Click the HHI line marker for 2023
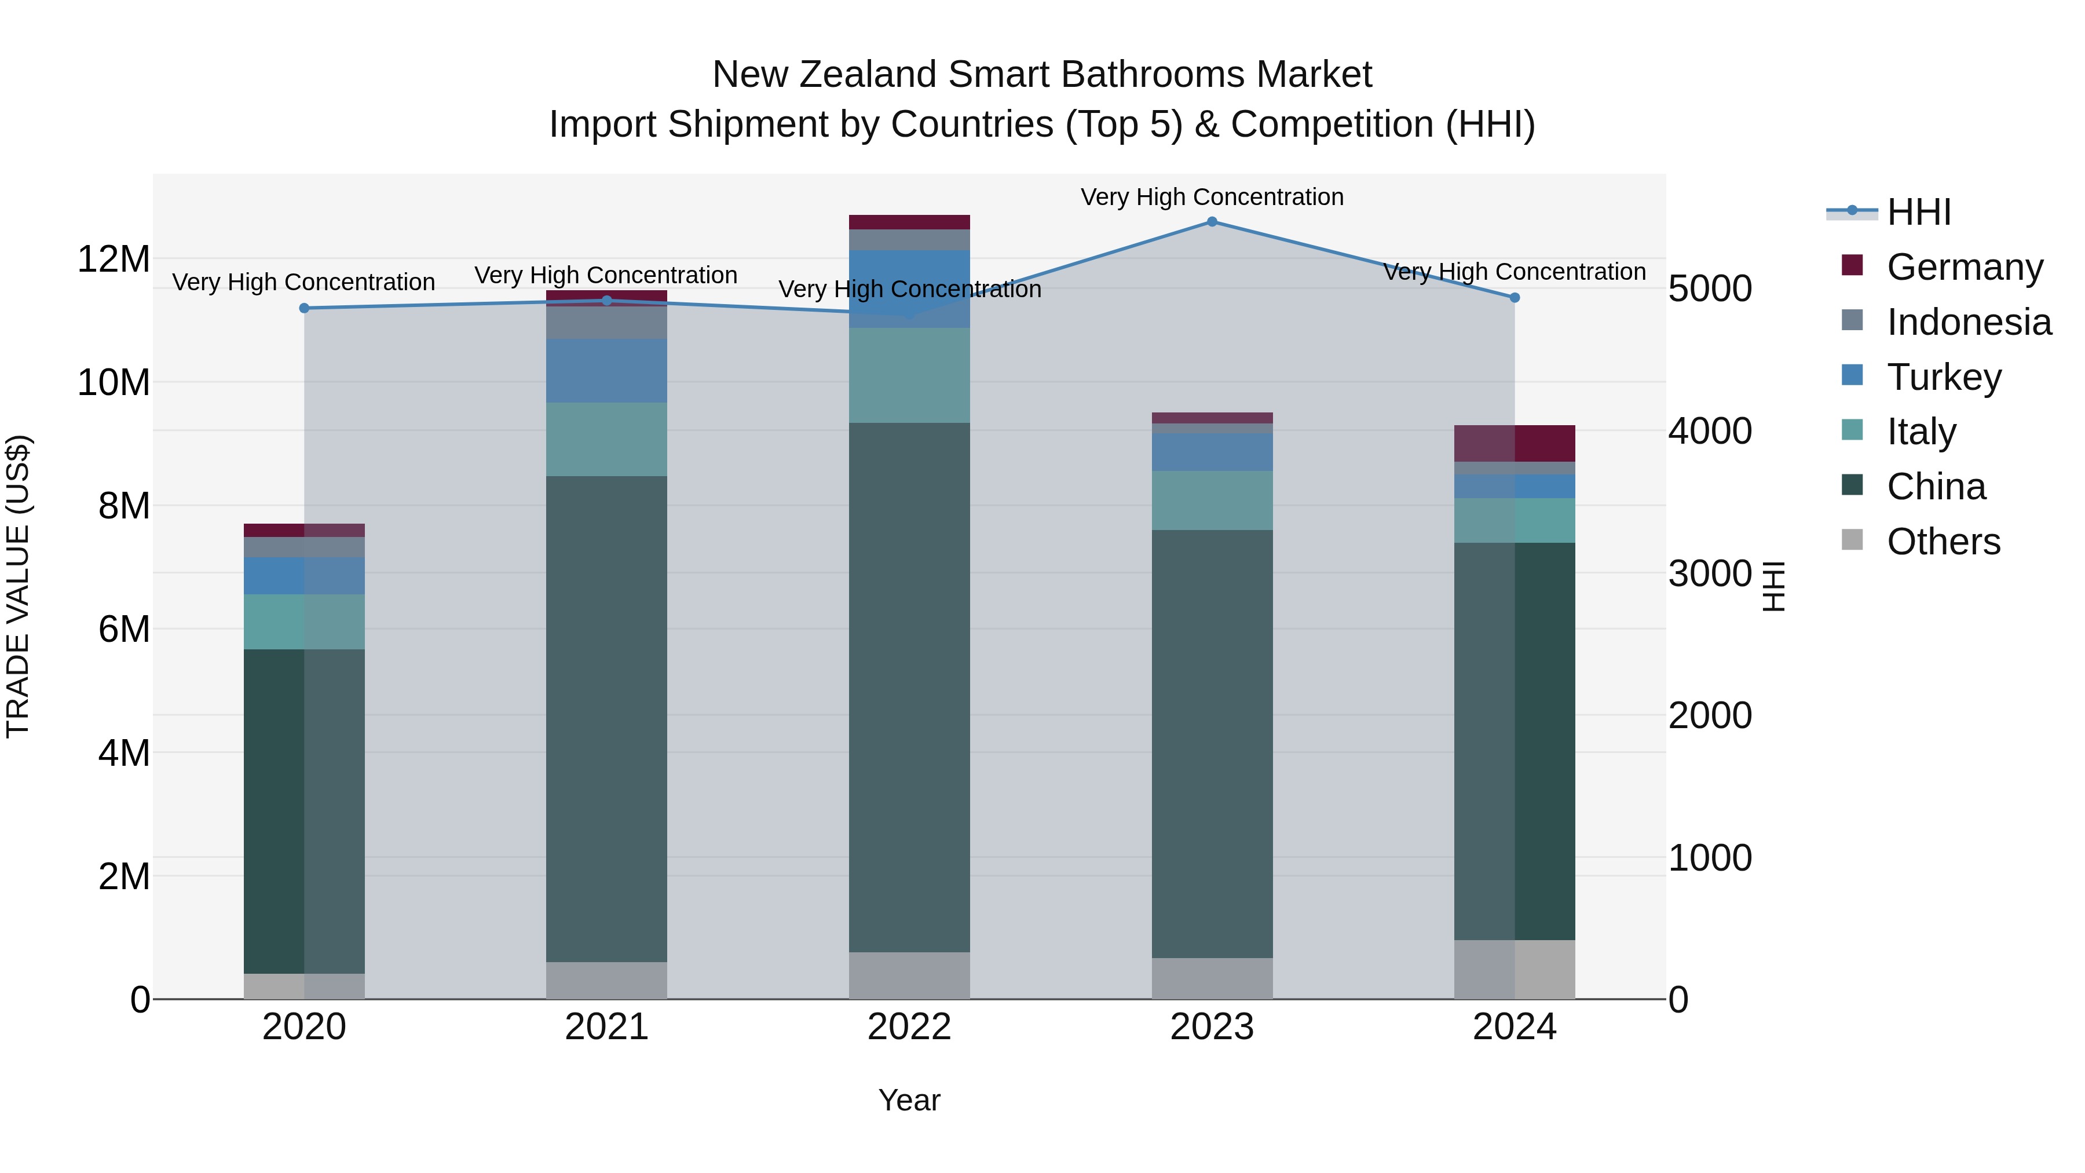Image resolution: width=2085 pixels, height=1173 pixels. (x=1212, y=222)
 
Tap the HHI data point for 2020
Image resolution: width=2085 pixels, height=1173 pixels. (x=304, y=308)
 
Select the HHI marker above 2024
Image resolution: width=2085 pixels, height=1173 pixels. (x=1515, y=298)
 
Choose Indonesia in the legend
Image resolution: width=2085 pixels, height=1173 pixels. (x=1969, y=322)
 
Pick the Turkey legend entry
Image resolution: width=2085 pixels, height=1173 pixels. (x=1943, y=377)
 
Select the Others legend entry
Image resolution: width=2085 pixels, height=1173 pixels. (x=1943, y=542)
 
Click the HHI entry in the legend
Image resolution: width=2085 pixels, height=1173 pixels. (x=1918, y=212)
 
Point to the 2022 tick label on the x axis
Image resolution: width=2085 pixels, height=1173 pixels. (x=909, y=1027)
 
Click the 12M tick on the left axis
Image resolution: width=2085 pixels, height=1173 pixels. (x=114, y=260)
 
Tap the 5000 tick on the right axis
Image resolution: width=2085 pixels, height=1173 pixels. (x=1710, y=289)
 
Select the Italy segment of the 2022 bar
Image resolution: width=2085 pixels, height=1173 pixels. (x=909, y=375)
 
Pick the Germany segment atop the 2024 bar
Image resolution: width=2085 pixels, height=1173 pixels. (x=1515, y=443)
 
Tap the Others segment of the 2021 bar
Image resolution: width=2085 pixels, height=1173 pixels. (x=606, y=980)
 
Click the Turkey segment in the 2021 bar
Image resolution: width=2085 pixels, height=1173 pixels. (x=606, y=371)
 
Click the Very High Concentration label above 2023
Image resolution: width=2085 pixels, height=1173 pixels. (x=1212, y=197)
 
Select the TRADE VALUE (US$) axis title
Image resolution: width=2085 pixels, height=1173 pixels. (x=18, y=586)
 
